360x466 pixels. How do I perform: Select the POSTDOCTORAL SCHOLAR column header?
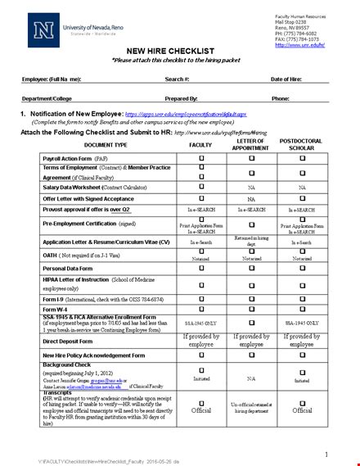(301, 144)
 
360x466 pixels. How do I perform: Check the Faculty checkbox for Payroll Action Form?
(201, 159)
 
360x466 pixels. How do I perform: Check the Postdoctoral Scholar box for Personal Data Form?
(301, 268)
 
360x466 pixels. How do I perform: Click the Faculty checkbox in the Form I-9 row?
(201, 296)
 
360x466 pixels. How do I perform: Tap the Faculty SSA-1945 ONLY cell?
(201, 323)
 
